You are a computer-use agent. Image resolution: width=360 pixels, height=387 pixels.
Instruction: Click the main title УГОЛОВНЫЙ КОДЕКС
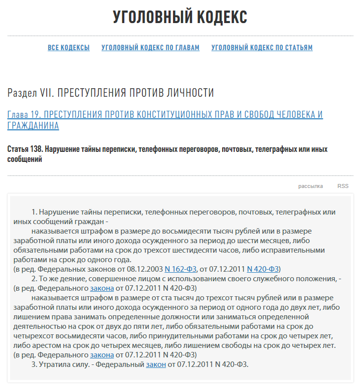(180, 17)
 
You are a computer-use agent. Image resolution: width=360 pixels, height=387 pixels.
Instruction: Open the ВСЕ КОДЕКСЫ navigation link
(69, 48)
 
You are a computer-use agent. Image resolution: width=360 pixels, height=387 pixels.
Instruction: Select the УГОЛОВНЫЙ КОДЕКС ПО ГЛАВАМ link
(150, 48)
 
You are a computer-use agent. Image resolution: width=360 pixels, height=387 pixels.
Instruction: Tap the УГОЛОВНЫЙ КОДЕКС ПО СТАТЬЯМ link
(262, 48)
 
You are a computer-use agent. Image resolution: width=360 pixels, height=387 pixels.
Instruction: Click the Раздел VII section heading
(111, 93)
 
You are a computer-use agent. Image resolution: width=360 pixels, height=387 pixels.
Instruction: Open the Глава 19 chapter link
(165, 115)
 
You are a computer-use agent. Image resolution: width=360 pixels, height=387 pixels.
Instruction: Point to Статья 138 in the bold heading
(25, 149)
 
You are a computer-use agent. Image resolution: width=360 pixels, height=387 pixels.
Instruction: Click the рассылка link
(310, 186)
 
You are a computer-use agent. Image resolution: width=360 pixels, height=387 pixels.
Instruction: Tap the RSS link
(342, 186)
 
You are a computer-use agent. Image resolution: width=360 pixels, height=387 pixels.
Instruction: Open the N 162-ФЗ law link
(182, 269)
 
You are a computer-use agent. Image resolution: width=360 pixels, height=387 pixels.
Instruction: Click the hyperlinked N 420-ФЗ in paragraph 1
(263, 269)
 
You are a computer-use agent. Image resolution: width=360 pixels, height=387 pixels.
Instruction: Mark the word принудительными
(200, 335)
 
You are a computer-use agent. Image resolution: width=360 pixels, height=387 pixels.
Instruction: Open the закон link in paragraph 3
(156, 364)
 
